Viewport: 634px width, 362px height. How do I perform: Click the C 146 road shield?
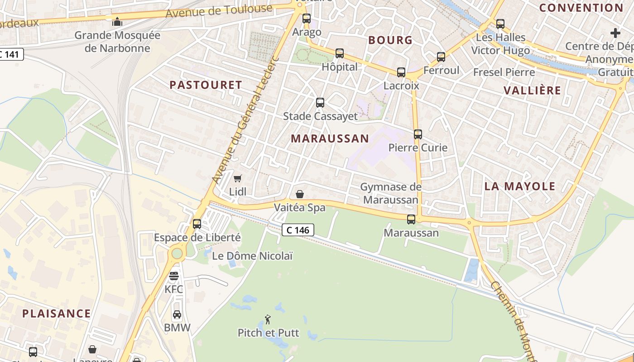click(298, 230)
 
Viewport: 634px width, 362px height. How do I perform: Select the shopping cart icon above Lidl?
click(237, 178)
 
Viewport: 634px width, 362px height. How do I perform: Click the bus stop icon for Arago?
click(307, 19)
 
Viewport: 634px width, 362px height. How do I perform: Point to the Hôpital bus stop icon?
click(340, 53)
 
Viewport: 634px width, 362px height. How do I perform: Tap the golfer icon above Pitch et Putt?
click(268, 319)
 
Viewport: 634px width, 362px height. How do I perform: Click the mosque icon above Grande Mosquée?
click(117, 21)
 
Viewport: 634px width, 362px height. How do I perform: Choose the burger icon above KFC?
click(174, 276)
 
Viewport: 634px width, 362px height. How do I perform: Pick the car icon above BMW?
click(177, 314)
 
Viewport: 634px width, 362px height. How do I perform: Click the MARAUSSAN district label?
click(330, 138)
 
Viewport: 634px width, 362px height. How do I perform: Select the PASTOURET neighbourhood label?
click(206, 85)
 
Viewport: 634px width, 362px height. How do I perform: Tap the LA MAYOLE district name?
click(520, 186)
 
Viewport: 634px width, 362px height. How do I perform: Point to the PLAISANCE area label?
click(57, 313)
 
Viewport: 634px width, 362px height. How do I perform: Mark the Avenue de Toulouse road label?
click(219, 11)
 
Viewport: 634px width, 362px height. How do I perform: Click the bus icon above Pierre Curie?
click(418, 134)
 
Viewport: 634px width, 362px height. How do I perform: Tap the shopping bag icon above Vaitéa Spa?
click(299, 195)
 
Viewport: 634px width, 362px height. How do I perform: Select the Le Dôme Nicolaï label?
click(252, 256)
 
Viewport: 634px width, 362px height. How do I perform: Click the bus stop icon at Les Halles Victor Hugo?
click(500, 24)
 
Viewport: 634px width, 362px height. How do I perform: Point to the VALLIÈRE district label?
click(532, 90)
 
